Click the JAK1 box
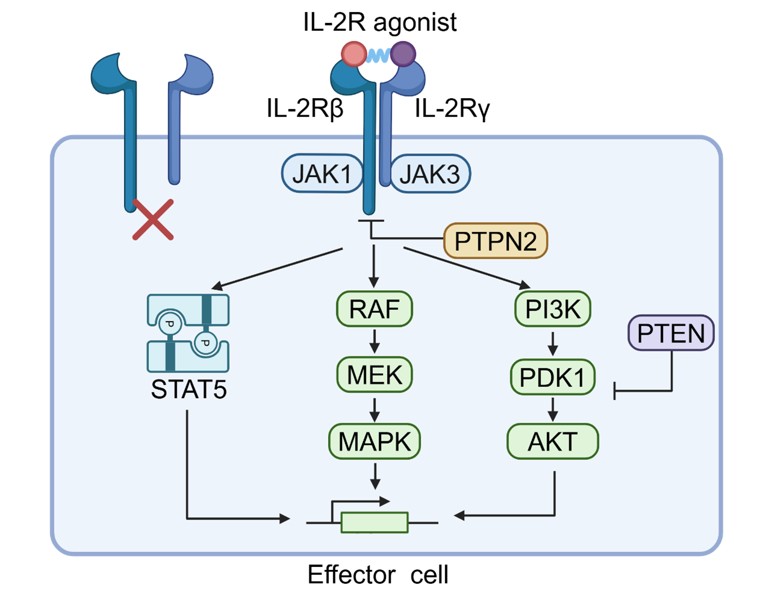[322, 175]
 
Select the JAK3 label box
[430, 175]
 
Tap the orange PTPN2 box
[495, 241]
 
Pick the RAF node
[374, 309]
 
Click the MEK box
[374, 375]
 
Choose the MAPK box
[374, 441]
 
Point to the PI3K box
[553, 309]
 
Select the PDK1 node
[553, 377]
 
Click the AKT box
[553, 441]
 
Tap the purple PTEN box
[671, 333]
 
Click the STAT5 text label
[188, 389]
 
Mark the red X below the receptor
[153, 220]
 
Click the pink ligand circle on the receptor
[353, 54]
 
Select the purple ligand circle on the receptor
[403, 54]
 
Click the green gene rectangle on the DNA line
[375, 522]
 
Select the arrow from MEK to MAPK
[375, 409]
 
